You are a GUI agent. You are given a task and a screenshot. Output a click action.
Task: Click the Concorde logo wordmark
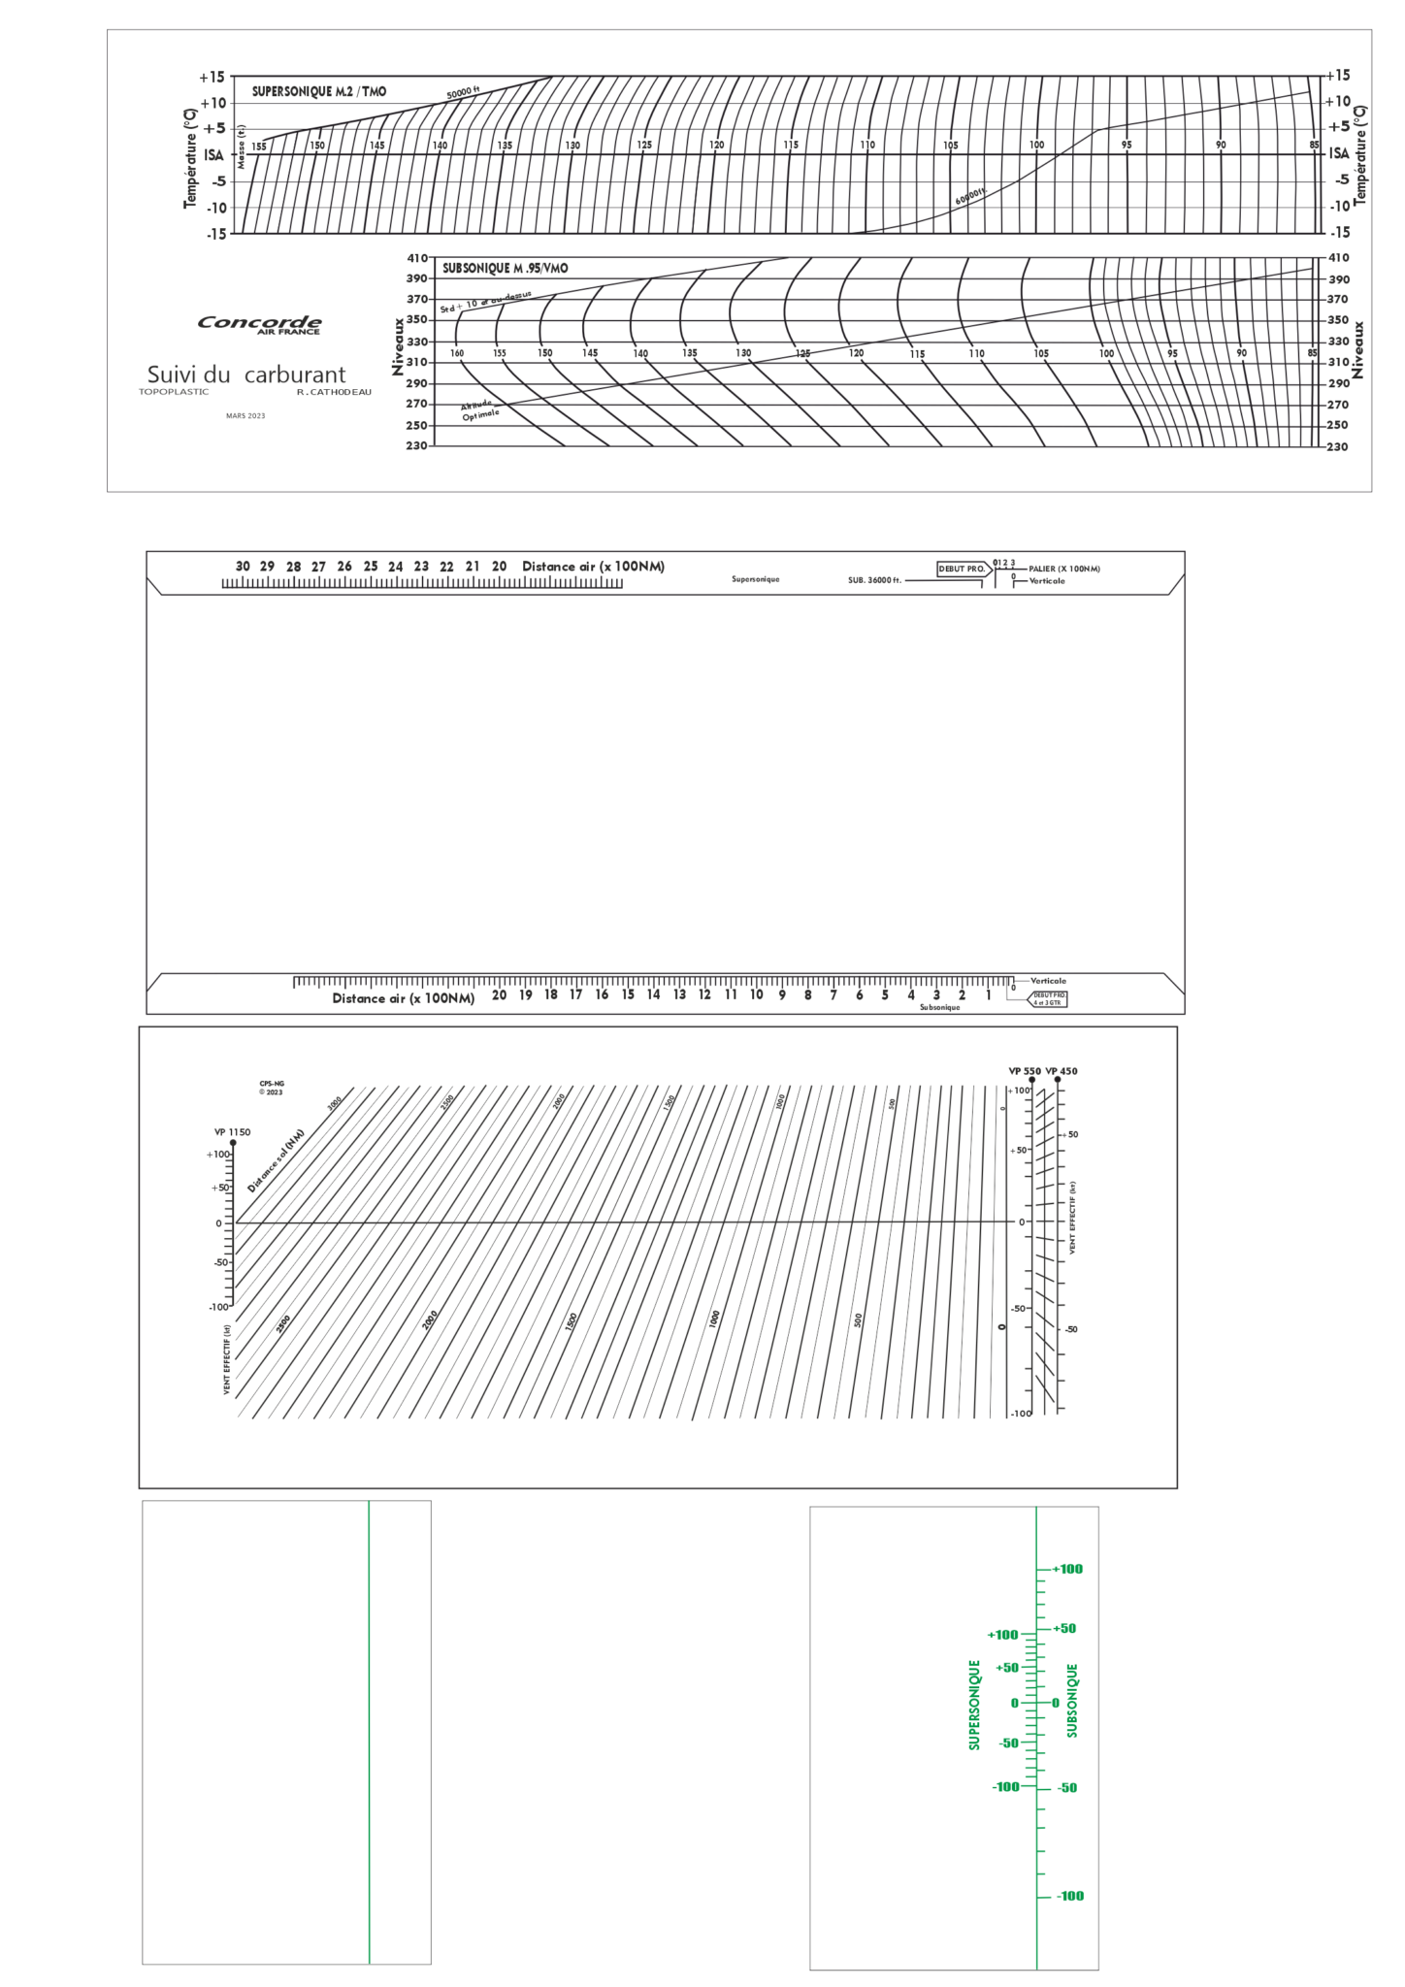click(259, 322)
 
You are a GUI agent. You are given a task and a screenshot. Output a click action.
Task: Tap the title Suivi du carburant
click(245, 375)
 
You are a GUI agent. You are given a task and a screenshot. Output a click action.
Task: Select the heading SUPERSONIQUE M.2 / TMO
click(318, 91)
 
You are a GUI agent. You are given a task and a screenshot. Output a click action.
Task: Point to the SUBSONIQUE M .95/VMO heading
click(505, 268)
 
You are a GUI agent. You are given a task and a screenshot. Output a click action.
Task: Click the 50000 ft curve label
click(463, 93)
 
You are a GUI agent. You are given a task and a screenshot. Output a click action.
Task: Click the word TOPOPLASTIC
click(174, 392)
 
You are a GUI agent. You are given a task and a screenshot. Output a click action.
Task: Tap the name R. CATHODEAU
click(334, 392)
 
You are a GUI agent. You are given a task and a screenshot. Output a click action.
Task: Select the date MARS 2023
click(245, 416)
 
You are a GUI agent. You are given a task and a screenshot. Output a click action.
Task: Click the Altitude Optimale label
click(479, 409)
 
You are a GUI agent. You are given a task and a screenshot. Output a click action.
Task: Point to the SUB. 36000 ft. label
click(874, 580)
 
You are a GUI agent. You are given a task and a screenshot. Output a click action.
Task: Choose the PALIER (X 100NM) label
click(1064, 570)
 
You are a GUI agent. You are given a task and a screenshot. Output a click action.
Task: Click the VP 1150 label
click(232, 1132)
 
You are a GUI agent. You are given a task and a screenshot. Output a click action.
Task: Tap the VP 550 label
click(1024, 1071)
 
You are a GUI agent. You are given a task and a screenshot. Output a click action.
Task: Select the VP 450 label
click(1062, 1071)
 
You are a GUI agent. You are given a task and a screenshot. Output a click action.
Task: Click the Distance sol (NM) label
click(276, 1160)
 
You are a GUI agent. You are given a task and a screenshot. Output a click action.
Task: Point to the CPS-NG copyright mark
click(271, 1088)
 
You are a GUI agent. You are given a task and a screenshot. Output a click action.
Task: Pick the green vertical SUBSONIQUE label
click(1072, 1701)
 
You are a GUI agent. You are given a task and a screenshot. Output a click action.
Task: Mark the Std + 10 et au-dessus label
click(485, 302)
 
